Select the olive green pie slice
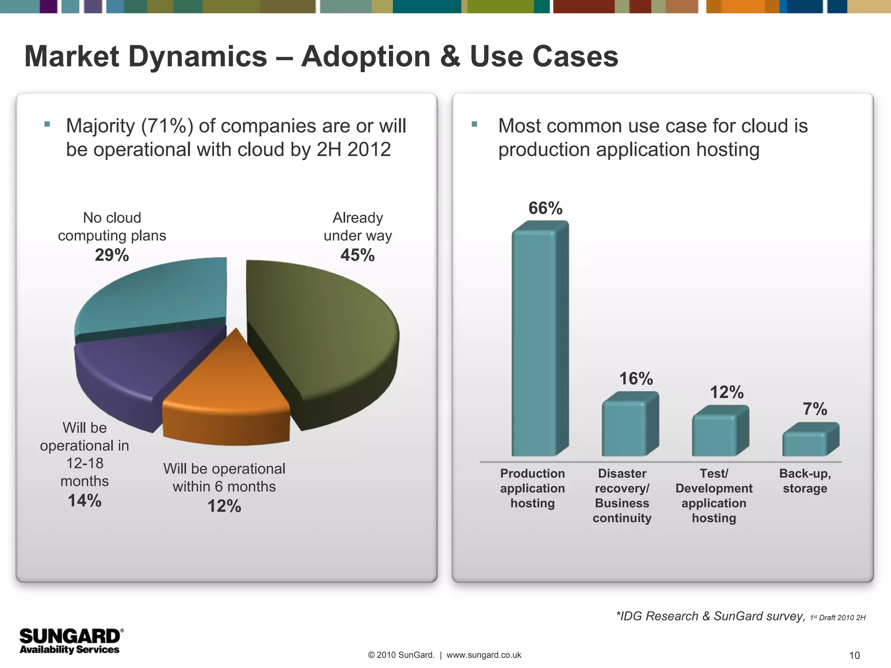[322, 331]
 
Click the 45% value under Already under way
[357, 255]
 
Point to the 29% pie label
[112, 255]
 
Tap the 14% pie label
[84, 501]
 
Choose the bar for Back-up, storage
[804, 444]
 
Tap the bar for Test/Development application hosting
[714, 435]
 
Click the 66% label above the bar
[545, 208]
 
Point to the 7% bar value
[814, 409]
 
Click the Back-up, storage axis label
[805, 481]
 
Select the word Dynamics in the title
[198, 57]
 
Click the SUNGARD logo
[70, 641]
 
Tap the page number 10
[854, 655]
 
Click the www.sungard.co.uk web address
[483, 655]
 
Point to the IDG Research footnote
[710, 616]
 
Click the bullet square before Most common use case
[474, 124]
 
